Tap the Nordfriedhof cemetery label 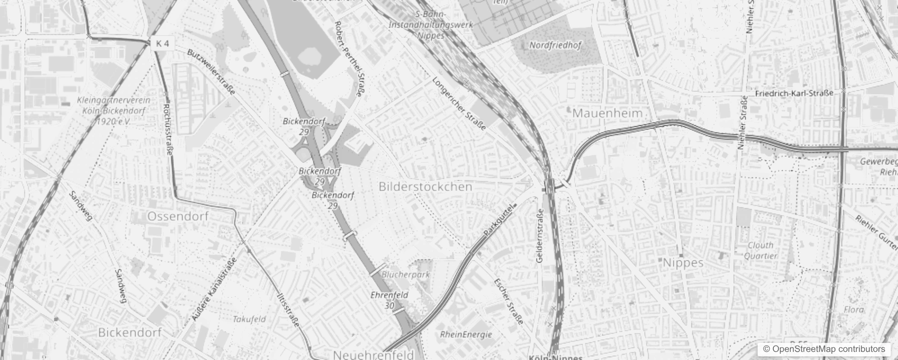point(555,45)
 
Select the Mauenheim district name point(607,113)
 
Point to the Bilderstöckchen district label point(425,186)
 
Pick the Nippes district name point(683,263)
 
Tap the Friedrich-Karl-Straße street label point(794,93)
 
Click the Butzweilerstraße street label point(211,72)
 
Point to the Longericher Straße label point(459,103)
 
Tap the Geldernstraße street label point(540,236)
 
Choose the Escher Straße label point(508,301)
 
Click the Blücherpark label point(405,274)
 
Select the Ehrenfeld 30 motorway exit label point(389,300)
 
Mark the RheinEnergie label point(466,334)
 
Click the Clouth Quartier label point(760,250)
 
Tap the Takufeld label point(249,319)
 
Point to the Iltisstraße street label point(288,310)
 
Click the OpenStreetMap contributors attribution point(823,349)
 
